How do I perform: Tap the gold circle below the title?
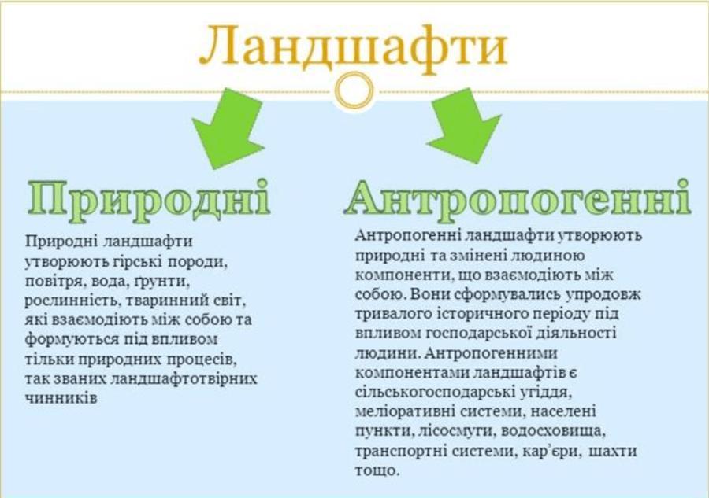point(354,90)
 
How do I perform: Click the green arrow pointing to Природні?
point(229,127)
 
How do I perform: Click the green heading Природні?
point(149,201)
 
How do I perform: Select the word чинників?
point(61,398)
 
